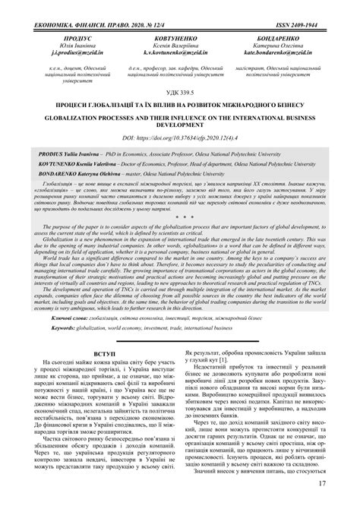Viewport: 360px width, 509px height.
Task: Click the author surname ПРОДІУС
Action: (x=62, y=36)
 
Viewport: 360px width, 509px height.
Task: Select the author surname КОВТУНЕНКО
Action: (x=180, y=36)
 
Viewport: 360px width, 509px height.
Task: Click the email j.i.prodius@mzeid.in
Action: (x=62, y=55)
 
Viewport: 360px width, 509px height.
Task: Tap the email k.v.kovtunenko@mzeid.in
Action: (x=180, y=55)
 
